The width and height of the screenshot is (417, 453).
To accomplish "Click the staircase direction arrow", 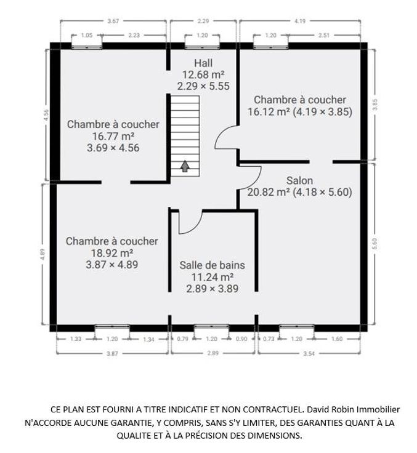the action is (x=185, y=166).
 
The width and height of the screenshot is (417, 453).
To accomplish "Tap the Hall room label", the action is (x=203, y=63).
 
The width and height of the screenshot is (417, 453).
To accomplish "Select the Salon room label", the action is (x=299, y=180).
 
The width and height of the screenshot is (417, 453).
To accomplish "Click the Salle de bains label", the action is (x=213, y=265).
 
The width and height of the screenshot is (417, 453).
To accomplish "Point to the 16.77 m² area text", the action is (x=113, y=136).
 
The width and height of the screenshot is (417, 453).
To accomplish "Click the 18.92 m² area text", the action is (x=112, y=253).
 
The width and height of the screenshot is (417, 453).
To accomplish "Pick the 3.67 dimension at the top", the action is (x=113, y=21).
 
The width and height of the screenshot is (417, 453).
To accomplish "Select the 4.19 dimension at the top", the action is (x=300, y=21).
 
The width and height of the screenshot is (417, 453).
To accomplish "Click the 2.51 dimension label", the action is (x=324, y=35).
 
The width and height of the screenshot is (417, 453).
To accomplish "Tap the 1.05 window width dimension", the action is (x=87, y=35).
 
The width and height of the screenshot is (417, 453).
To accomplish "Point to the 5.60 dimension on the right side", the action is (x=374, y=244).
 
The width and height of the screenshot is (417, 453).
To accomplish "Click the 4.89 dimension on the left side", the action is (x=43, y=254).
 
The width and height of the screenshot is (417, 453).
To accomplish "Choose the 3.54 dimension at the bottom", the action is (x=309, y=353).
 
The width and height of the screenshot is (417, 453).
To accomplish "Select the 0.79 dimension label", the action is (x=182, y=339).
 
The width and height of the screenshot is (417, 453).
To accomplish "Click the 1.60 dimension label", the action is (x=337, y=339).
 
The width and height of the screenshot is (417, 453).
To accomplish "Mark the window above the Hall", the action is (x=202, y=46).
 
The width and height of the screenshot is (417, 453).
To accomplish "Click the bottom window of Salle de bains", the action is (x=211, y=327).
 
